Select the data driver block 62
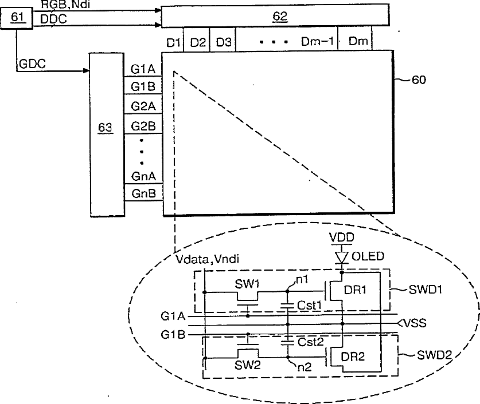tap(279, 17)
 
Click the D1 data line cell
tap(173, 42)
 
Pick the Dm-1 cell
tap(317, 42)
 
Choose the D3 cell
tap(224, 42)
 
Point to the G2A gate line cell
tap(143, 106)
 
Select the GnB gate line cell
tap(143, 193)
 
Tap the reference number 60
tap(419, 80)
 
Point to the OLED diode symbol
tap(342, 258)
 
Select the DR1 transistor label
tap(357, 290)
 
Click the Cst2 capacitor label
tap(311, 342)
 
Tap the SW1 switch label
tap(248, 284)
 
